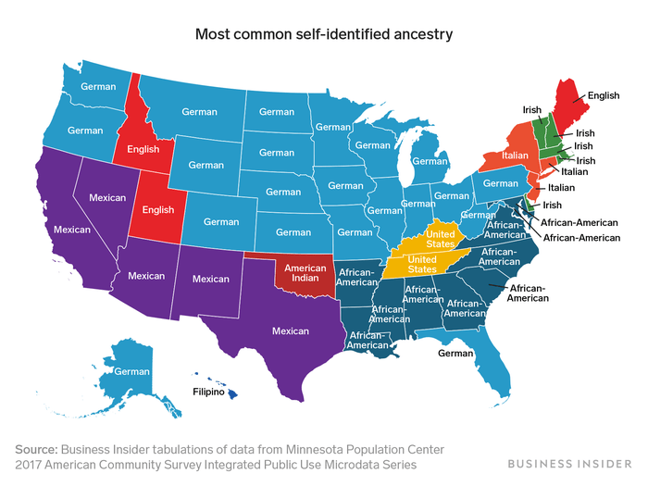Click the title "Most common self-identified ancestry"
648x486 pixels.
click(x=323, y=35)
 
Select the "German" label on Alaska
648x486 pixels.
click(x=132, y=371)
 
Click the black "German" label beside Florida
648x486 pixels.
click(x=455, y=353)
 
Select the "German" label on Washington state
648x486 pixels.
click(x=98, y=87)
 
